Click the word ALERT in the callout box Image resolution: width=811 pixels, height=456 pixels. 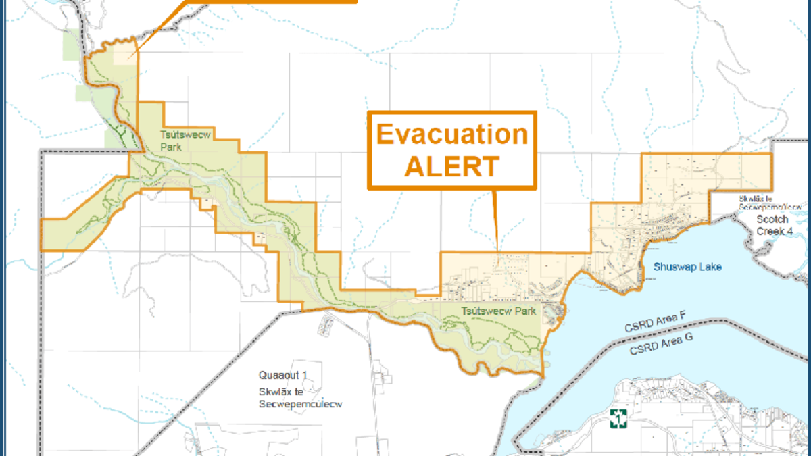point(451,166)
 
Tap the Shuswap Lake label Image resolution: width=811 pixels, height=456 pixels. point(687,267)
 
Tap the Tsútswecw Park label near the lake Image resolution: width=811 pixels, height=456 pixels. point(499,311)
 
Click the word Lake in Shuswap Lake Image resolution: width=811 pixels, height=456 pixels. point(710,267)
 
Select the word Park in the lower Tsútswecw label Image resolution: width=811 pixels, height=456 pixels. point(524,311)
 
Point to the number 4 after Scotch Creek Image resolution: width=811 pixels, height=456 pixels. point(787,232)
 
